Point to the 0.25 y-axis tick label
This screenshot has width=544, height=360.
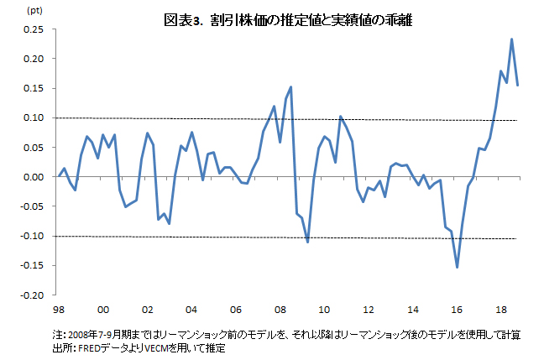click(x=34, y=29)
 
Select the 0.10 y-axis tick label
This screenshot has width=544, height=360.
click(x=34, y=118)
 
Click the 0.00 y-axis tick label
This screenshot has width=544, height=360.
click(x=34, y=177)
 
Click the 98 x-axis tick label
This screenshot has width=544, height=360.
click(x=58, y=308)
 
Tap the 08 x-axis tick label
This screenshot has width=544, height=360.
click(x=280, y=308)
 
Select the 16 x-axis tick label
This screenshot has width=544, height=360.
click(x=458, y=308)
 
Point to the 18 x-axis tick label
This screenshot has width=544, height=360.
click(x=502, y=308)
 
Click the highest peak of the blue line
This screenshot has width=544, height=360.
click(x=511, y=39)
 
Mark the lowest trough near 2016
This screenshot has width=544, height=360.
click(x=458, y=267)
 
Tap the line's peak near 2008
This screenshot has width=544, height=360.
click(x=290, y=87)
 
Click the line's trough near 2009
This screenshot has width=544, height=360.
click(x=308, y=242)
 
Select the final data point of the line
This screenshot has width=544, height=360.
click(x=518, y=85)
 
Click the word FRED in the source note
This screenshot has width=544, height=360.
click(x=90, y=347)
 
